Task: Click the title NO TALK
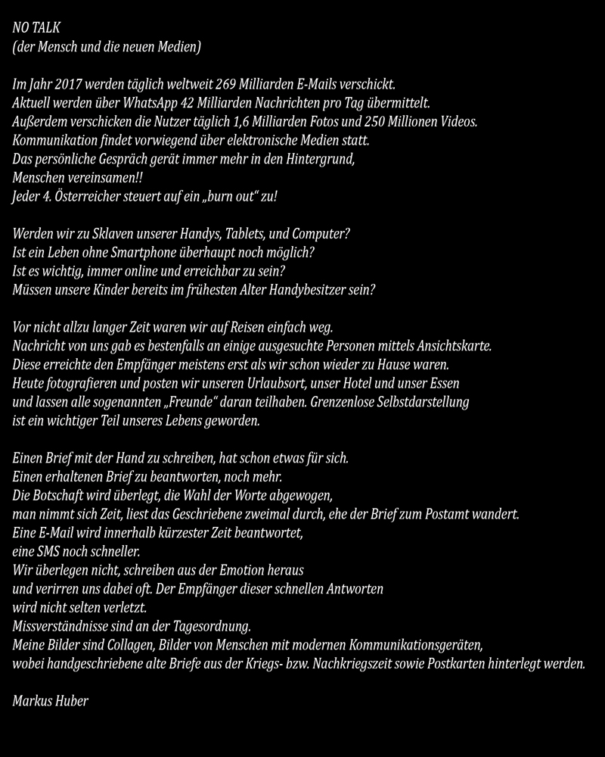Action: coord(36,28)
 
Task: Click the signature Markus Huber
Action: coord(51,701)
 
